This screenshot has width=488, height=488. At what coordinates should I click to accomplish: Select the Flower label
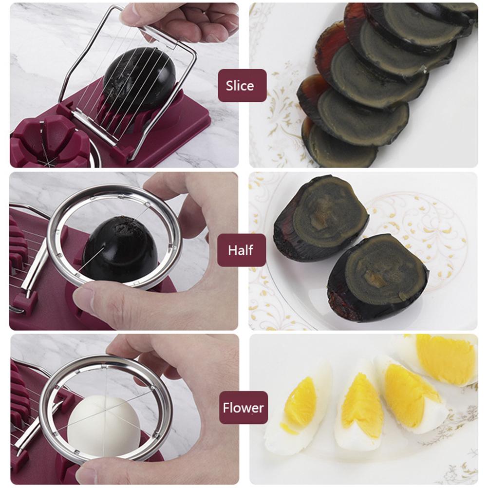coord(243,407)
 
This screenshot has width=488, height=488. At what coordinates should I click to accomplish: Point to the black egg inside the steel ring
coord(119,248)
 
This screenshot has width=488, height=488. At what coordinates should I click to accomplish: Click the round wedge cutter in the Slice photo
coord(49,144)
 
